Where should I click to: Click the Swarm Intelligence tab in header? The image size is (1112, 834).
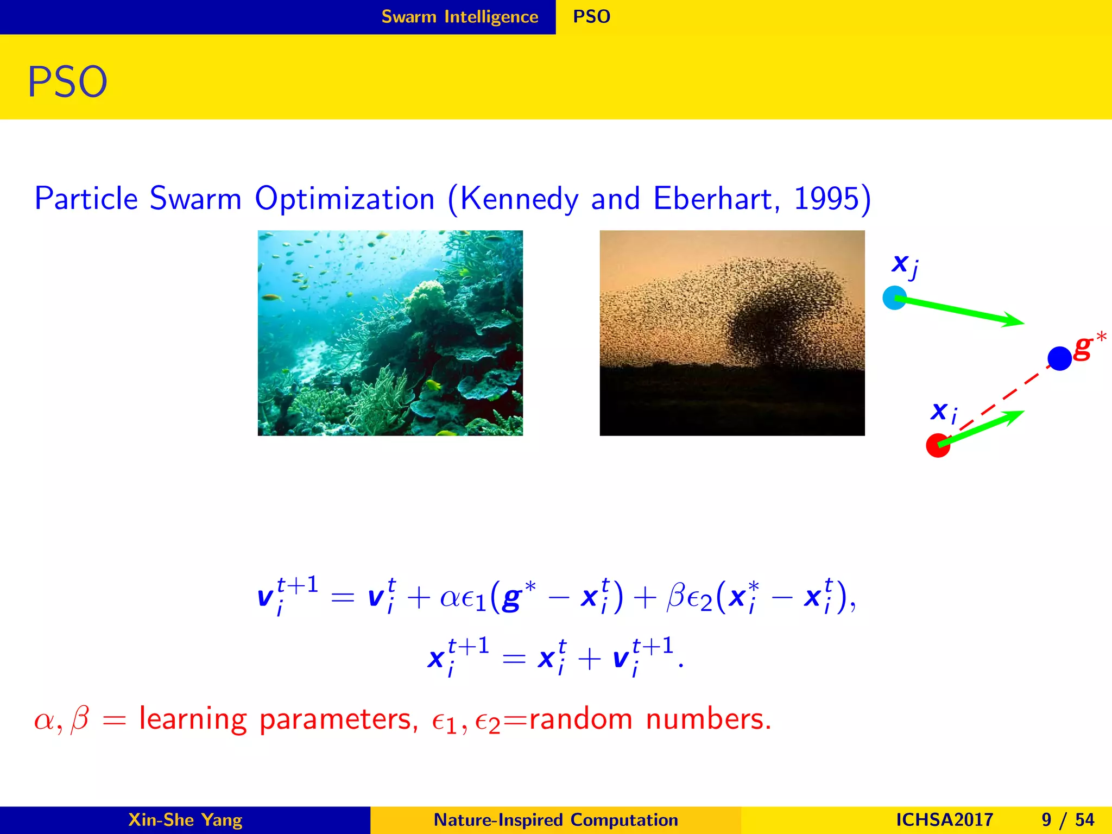click(459, 17)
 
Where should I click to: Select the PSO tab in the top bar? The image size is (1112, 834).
click(591, 17)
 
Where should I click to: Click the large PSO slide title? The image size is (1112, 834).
click(67, 83)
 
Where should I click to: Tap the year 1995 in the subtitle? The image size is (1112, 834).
click(826, 199)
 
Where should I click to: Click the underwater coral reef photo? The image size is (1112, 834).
click(390, 333)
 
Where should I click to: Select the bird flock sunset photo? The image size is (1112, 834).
click(731, 333)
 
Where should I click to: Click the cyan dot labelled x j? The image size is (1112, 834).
click(894, 298)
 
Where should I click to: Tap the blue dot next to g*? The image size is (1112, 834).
click(1059, 358)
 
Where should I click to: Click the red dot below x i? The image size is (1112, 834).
click(937, 445)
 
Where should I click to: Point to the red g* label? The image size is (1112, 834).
click(1084, 347)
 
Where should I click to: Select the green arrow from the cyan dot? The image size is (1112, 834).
click(961, 311)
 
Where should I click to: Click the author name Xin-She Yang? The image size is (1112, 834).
click(185, 820)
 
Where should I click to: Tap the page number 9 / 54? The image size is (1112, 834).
click(1067, 820)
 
